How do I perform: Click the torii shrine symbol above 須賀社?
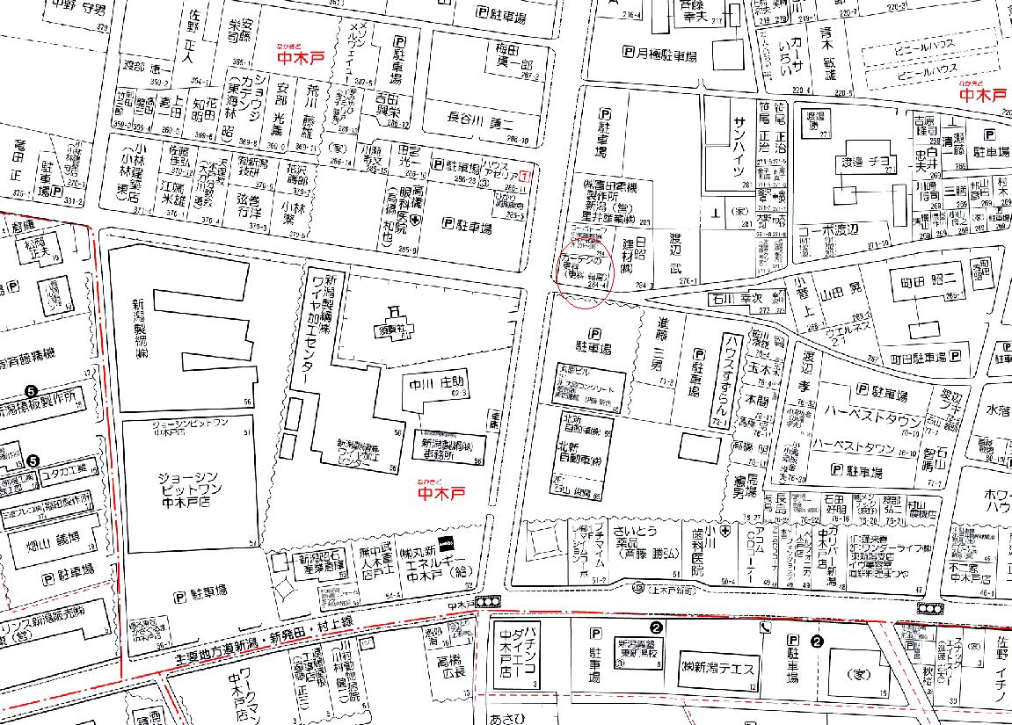395,308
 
